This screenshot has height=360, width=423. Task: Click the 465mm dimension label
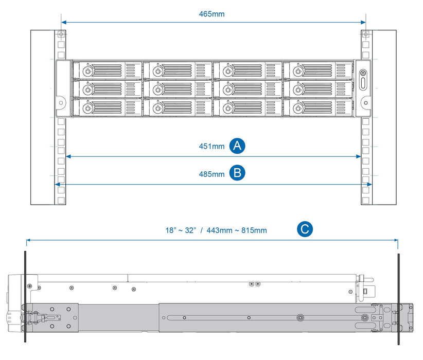(x=211, y=14)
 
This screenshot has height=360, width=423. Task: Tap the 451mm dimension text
(x=211, y=146)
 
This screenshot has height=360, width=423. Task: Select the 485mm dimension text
(x=211, y=174)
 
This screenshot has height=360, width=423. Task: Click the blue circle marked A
(x=237, y=146)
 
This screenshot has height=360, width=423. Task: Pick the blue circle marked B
(x=237, y=173)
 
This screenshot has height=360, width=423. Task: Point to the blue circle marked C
(x=305, y=229)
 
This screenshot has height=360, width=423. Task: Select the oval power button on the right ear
(x=364, y=81)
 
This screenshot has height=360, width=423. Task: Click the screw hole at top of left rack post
(x=61, y=34)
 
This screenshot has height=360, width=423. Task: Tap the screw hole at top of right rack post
(x=365, y=34)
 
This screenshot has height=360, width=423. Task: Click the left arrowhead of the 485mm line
(x=57, y=184)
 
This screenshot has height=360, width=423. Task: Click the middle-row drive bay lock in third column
(x=227, y=89)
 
